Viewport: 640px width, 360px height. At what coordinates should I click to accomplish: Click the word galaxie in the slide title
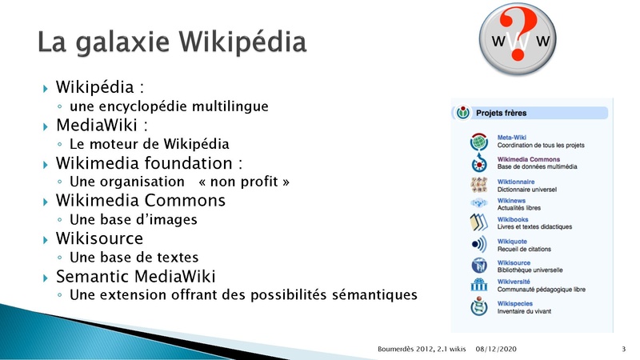(122, 42)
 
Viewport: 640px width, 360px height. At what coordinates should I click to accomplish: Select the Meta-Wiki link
(511, 138)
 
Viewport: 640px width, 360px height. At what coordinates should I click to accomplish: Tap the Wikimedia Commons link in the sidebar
(529, 159)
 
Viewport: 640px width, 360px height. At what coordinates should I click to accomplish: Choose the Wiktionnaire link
(515, 182)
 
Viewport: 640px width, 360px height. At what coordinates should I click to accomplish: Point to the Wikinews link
(511, 201)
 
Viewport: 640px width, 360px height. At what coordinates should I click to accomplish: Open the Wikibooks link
(513, 219)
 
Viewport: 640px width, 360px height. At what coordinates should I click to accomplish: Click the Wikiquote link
(512, 242)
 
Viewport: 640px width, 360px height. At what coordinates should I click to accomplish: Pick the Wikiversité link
(514, 282)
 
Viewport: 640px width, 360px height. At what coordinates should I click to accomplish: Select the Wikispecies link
(514, 304)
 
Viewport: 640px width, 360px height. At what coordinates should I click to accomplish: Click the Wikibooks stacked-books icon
(478, 222)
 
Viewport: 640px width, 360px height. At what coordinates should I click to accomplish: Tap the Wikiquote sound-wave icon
(478, 244)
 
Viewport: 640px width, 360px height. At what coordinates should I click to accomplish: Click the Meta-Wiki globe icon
(478, 142)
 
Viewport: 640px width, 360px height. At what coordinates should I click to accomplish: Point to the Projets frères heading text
(502, 113)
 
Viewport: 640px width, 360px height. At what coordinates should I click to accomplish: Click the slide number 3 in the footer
(623, 349)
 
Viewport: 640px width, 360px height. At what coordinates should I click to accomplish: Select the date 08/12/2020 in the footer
(496, 349)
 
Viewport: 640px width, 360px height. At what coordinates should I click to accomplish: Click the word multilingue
(230, 106)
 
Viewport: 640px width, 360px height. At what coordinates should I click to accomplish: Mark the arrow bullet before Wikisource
(46, 239)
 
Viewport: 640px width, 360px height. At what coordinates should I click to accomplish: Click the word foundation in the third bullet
(188, 163)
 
